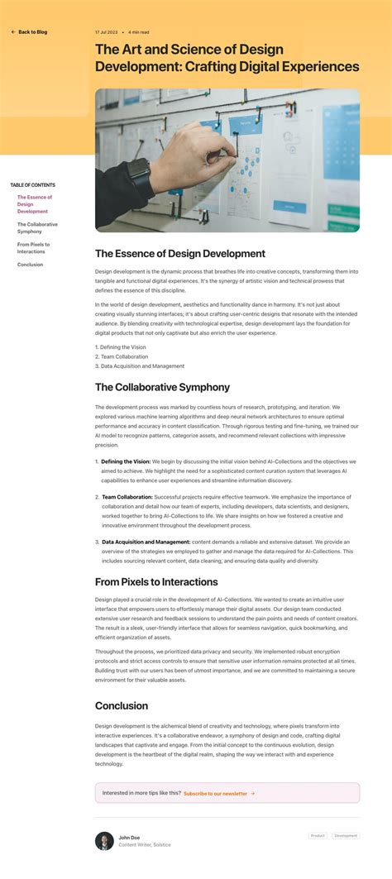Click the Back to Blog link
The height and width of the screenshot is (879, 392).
point(30,32)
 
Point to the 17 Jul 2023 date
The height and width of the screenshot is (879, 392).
point(105,32)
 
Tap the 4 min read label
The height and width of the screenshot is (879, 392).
point(139,32)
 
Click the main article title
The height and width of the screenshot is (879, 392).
point(227,59)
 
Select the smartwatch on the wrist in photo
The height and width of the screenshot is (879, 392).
point(139,175)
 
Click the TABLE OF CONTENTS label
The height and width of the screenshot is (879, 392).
point(33,185)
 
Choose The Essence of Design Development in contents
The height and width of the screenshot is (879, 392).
point(35,204)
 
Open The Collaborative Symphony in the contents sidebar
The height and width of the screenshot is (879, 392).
point(37,227)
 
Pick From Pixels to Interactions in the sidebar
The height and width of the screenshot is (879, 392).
point(33,248)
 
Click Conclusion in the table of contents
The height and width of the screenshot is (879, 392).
point(31,265)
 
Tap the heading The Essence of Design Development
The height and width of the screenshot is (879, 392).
point(179,254)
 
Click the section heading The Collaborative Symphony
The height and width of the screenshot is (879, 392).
point(162,387)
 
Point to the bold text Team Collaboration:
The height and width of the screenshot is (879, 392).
point(127,497)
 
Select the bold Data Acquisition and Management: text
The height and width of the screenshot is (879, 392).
point(146,542)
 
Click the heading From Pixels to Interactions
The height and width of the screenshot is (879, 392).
point(156,582)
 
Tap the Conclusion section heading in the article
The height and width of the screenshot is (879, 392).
point(122,705)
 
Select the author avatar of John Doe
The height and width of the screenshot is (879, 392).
point(104,841)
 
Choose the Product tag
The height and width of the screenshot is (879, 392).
point(318,836)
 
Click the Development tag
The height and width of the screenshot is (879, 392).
point(346,836)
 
